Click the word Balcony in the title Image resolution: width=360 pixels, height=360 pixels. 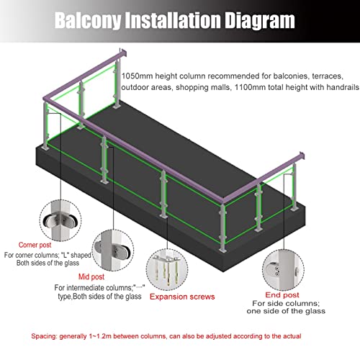88,21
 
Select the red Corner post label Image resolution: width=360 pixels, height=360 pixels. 35,245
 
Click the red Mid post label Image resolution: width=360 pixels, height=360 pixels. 91,276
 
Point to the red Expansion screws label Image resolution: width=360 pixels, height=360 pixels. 182,297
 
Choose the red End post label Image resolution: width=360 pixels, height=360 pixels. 282,295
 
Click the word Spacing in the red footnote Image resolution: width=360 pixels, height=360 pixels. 44,336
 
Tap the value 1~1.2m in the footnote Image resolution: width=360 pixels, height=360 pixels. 100,336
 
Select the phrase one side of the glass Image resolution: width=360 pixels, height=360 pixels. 286,311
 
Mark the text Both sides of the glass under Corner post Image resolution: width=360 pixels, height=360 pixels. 48,263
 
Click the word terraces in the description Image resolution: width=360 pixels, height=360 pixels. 328,76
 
